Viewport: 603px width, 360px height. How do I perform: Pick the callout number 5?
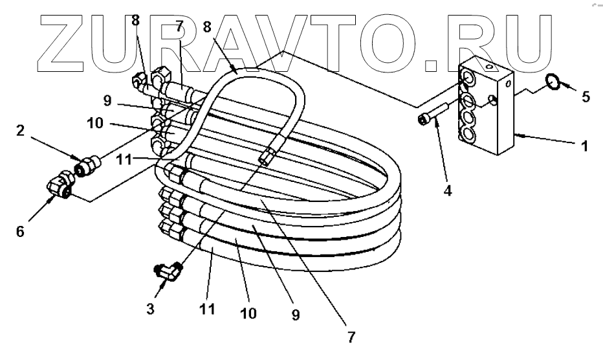tap(586, 97)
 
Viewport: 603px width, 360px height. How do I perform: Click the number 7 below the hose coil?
tap(351, 337)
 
